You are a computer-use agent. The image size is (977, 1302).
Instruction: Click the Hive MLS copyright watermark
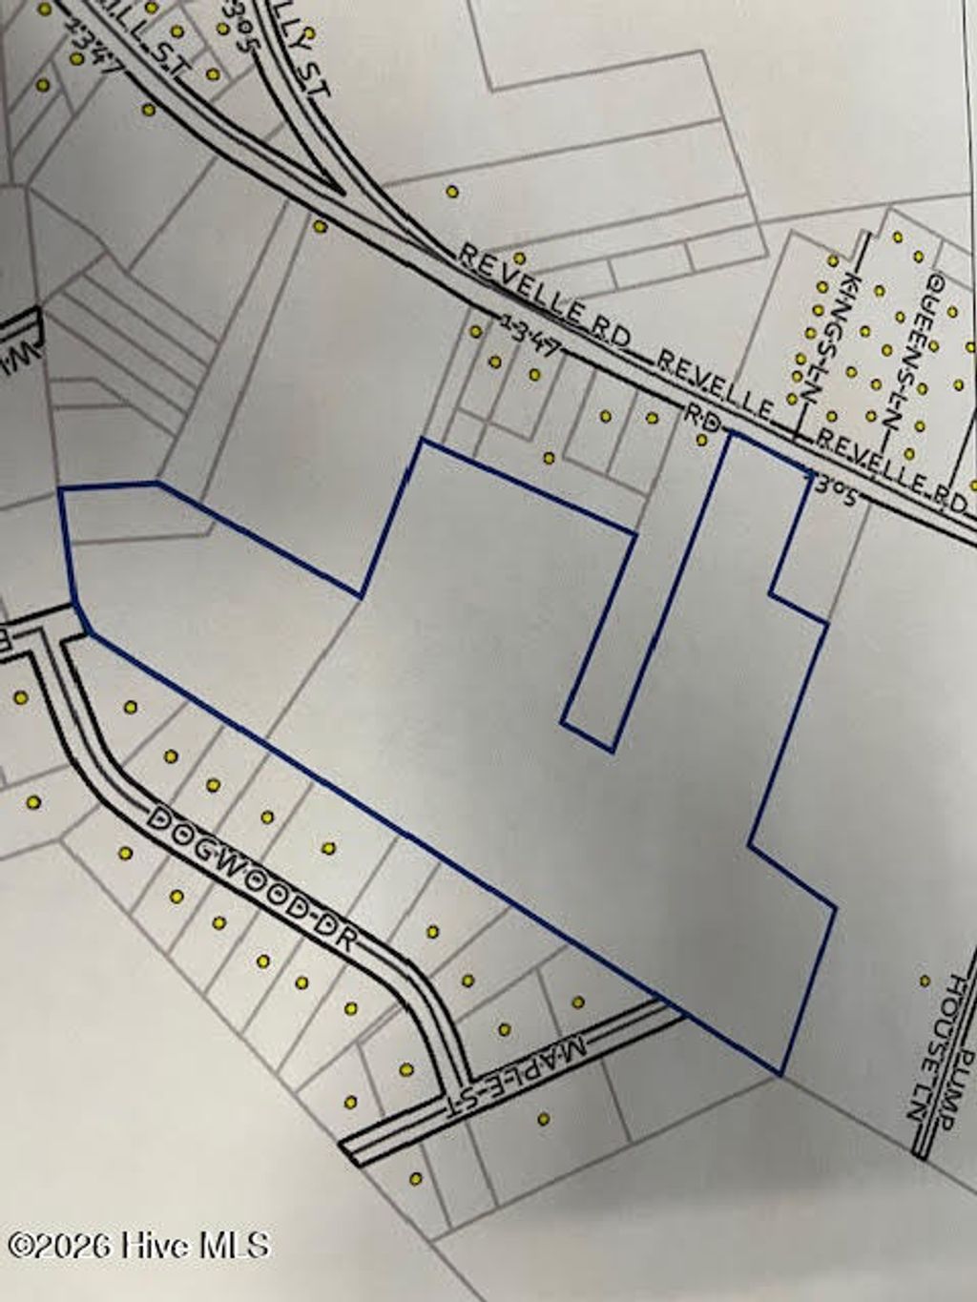(x=139, y=1245)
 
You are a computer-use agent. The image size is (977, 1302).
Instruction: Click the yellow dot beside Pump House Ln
(x=925, y=980)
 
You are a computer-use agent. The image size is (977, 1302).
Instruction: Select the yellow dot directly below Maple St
(x=544, y=1119)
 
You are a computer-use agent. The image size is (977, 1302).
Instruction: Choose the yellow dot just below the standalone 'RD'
(x=701, y=440)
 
